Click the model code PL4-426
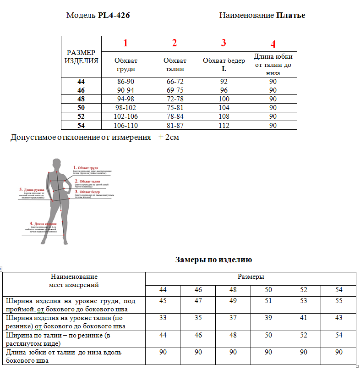pos(114,15)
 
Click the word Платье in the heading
pos(291,15)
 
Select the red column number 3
pos(224,44)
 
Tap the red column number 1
pos(125,44)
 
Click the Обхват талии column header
pos(175,65)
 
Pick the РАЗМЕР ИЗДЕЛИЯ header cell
pos(81,56)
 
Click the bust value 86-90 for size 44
pos(125,82)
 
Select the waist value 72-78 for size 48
pos(175,99)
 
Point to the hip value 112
pos(224,125)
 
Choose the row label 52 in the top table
pos(81,116)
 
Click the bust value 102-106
pos(125,116)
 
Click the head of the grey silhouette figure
pos(57,164)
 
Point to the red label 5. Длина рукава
pos(33,189)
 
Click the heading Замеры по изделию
pos(213,260)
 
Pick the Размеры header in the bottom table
pos(251,277)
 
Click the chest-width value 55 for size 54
pos(338,301)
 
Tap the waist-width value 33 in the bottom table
pos(163,317)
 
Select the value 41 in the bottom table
pos(303,317)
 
